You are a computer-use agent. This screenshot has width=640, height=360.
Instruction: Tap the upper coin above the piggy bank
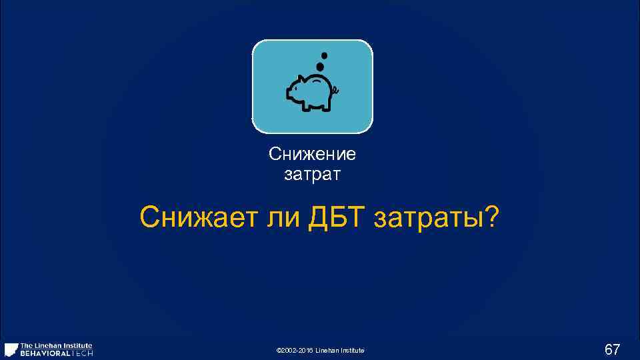point(324,55)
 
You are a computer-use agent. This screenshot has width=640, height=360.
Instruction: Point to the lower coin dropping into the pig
point(320,67)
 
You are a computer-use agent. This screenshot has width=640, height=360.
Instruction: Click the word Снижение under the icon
point(312,155)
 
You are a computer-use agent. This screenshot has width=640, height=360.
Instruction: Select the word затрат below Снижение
point(312,175)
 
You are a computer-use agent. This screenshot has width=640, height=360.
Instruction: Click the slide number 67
point(612,349)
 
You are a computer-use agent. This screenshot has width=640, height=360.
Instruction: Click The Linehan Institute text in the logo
point(56,345)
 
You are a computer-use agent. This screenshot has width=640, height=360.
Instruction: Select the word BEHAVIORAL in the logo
point(45,353)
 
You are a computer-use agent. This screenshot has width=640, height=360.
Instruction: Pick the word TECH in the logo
point(83,353)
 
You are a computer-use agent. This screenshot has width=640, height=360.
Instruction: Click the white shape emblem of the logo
point(11,349)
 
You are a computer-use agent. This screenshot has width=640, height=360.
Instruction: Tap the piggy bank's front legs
point(305,106)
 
